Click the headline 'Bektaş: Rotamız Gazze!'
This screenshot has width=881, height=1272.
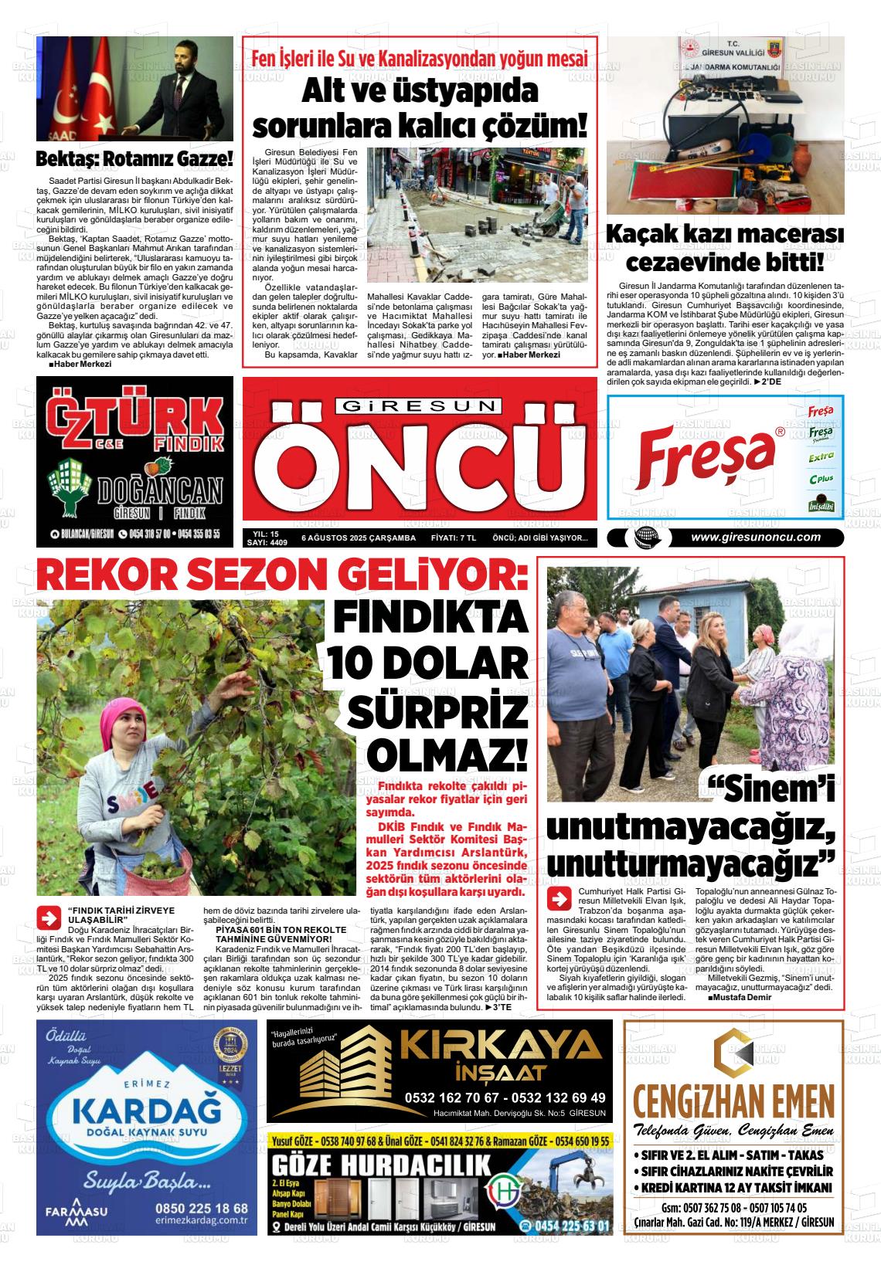click(134, 160)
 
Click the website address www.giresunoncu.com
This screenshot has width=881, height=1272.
click(755, 538)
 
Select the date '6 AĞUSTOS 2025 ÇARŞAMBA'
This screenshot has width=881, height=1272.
click(359, 538)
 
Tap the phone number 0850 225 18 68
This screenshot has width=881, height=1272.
click(201, 1208)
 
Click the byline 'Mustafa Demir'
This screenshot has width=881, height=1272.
click(743, 997)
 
